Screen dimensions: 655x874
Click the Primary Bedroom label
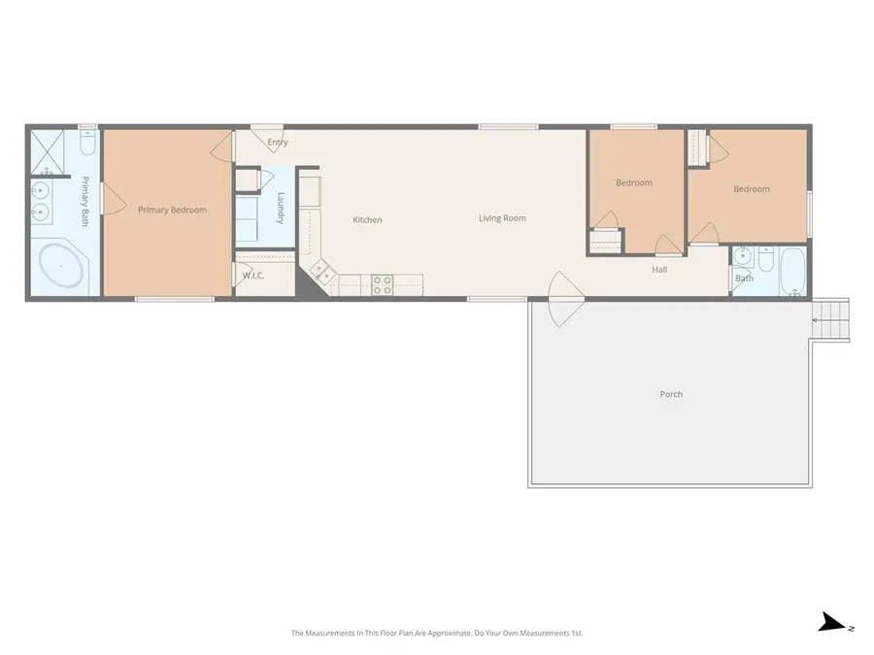172,210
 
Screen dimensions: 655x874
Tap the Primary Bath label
85,201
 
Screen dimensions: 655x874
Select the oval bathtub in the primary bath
60,263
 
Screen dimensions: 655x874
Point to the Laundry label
280,208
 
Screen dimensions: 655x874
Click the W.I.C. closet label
253,276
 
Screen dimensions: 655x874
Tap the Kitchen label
367,220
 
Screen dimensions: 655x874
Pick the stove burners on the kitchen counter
383,283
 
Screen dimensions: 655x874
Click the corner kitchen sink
321,273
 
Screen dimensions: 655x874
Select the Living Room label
502,218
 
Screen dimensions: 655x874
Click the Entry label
278,143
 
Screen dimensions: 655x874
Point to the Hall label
659,270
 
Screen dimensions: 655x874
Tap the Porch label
671,394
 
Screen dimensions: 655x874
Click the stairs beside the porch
832,319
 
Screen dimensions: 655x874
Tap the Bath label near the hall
744,278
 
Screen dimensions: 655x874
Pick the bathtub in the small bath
793,271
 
